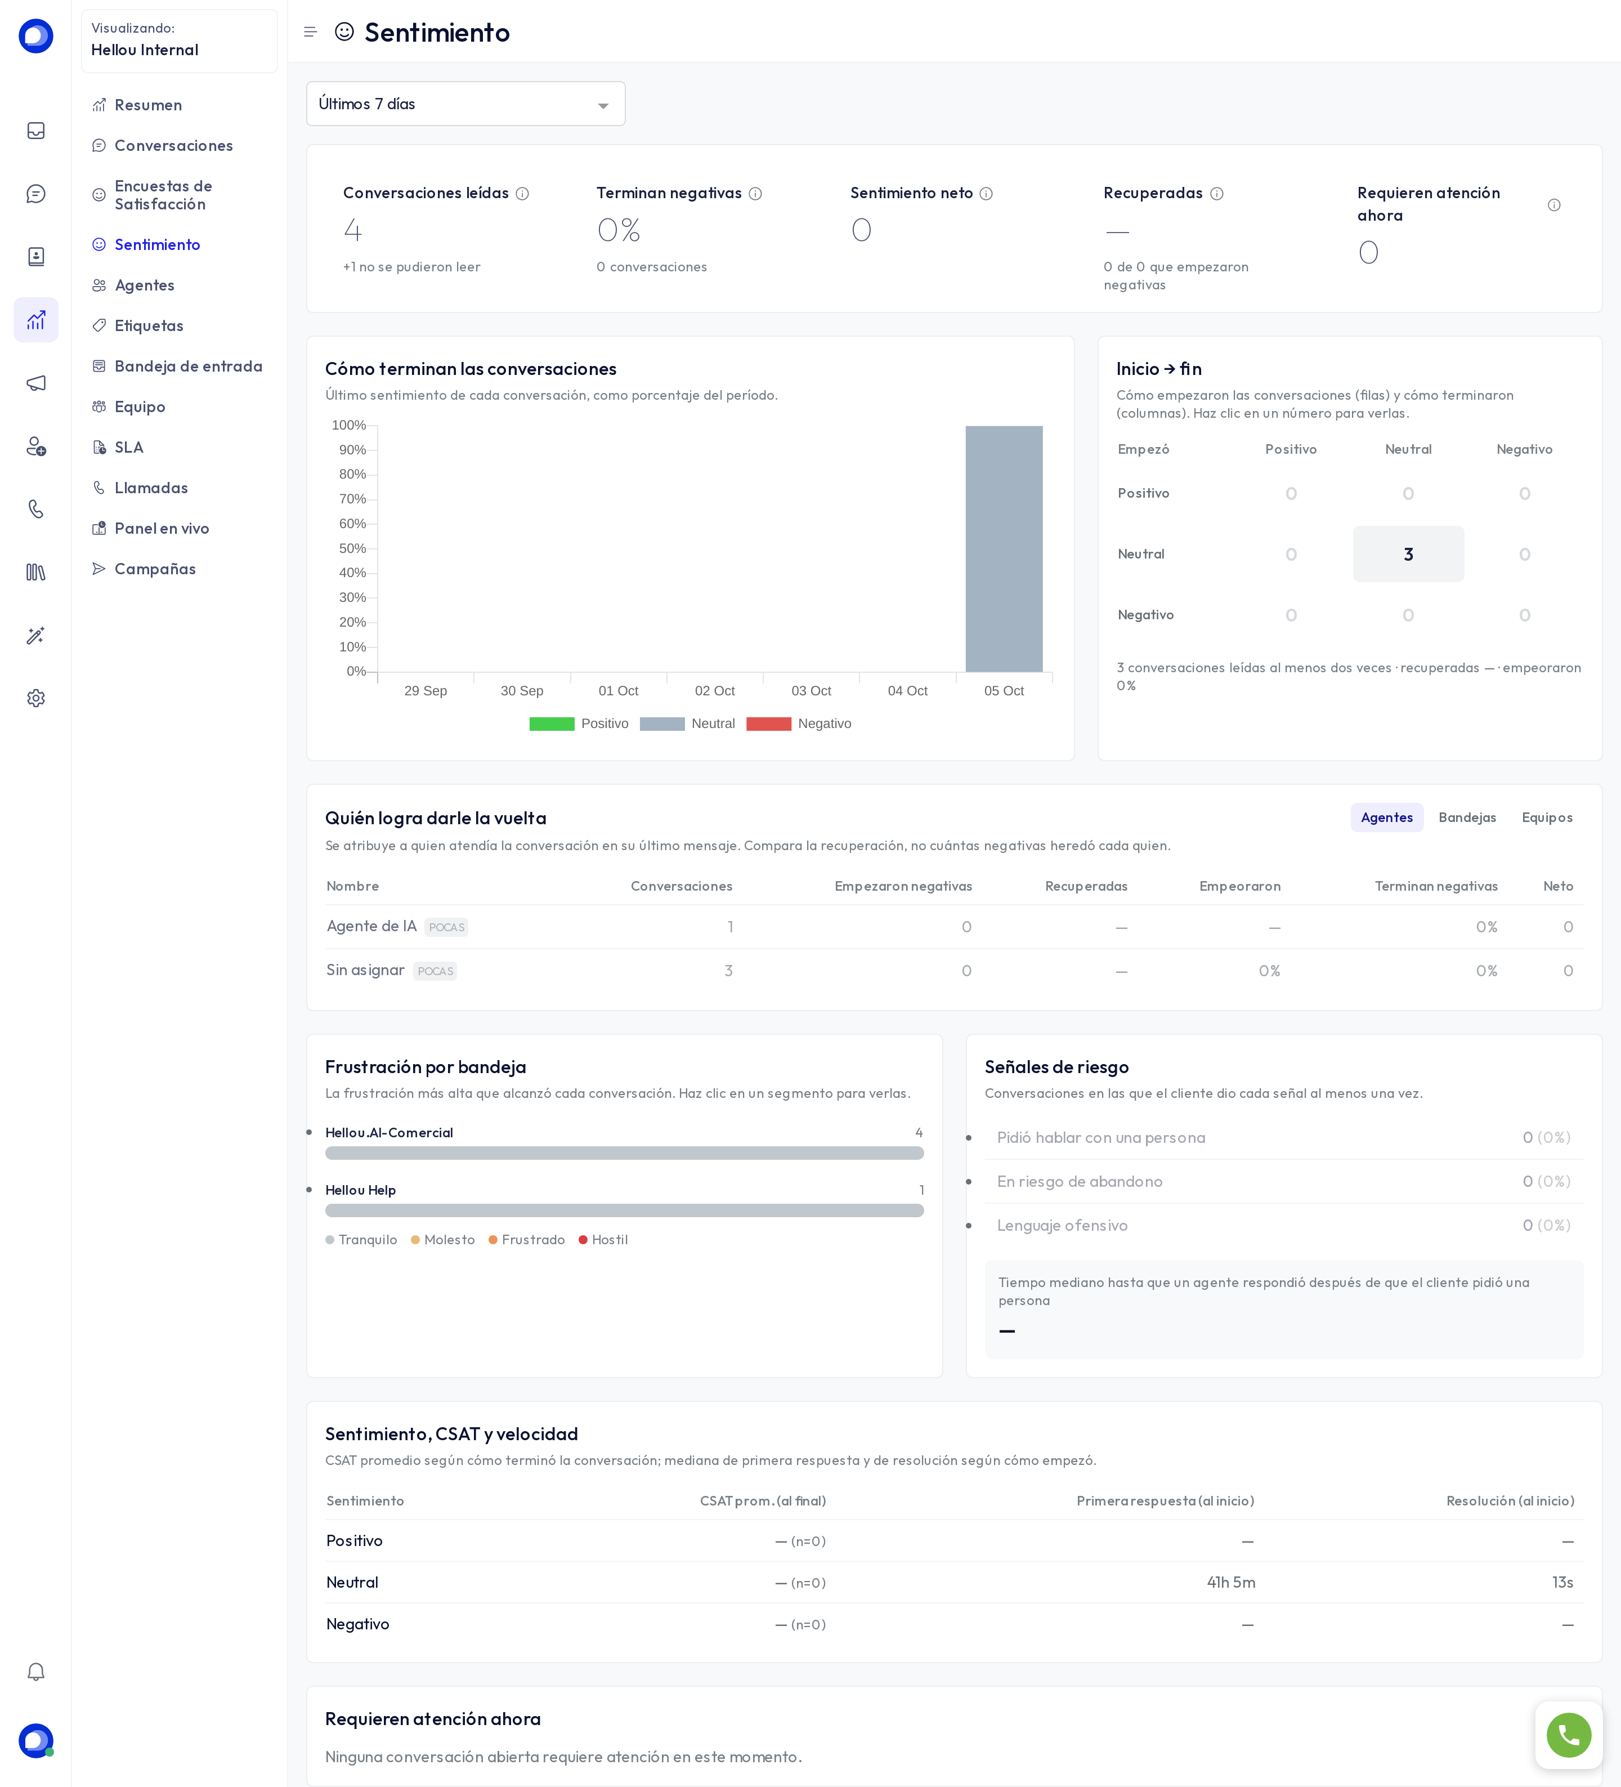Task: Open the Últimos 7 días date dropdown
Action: (465, 104)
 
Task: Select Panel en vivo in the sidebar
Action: (162, 528)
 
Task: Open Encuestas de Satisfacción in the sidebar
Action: (163, 195)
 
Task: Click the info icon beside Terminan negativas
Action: (755, 193)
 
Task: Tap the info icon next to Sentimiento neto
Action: (986, 193)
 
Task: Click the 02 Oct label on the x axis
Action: (714, 690)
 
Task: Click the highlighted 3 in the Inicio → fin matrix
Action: (1408, 554)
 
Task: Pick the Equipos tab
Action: (1547, 817)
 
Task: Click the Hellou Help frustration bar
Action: (624, 1210)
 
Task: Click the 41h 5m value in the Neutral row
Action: (1230, 1582)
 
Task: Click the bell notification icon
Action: (35, 1672)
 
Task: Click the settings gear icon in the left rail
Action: (35, 699)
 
